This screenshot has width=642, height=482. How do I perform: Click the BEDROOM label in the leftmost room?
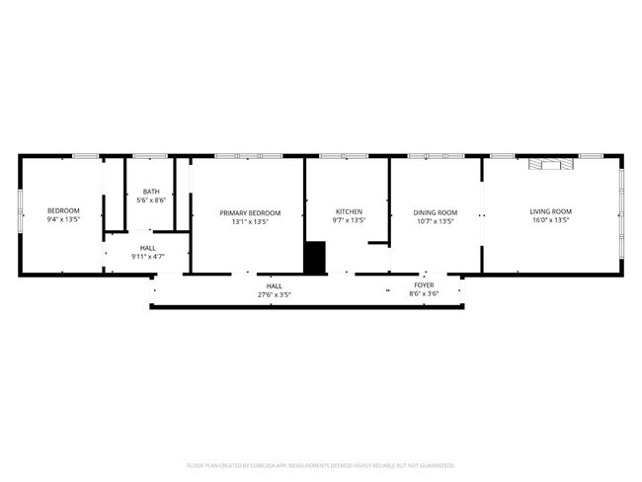click(64, 210)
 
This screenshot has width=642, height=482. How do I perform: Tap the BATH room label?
click(150, 192)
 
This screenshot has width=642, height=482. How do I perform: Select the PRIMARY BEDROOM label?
click(250, 212)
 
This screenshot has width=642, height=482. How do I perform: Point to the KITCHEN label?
click(349, 211)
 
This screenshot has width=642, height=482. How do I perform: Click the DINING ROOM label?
click(435, 211)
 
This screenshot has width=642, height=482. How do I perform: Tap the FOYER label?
click(424, 284)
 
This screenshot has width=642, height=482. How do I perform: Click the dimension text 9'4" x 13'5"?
click(64, 219)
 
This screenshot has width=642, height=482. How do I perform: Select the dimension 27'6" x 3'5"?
click(274, 293)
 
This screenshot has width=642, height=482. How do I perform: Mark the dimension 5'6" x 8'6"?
click(150, 201)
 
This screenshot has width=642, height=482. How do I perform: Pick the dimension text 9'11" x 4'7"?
click(147, 257)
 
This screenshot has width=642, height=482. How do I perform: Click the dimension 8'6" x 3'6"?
click(424, 293)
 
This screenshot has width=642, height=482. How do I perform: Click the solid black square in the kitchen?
click(315, 257)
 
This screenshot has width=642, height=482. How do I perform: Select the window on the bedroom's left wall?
click(20, 212)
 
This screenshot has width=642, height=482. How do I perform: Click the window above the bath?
click(149, 155)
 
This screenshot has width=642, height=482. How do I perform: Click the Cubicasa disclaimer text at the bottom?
click(320, 464)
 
